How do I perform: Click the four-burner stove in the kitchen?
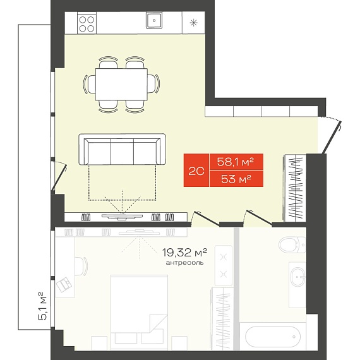click(x=87, y=23)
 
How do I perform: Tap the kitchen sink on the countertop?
click(x=154, y=20)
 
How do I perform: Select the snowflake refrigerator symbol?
click(x=193, y=23)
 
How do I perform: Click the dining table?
click(x=121, y=84)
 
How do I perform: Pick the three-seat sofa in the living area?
click(x=122, y=149)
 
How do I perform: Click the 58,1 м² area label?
click(x=236, y=162)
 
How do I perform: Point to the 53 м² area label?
click(x=236, y=179)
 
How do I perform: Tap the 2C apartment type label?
click(x=196, y=171)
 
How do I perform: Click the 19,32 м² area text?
click(x=185, y=253)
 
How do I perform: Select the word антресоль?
click(x=184, y=263)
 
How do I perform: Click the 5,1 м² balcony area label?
click(x=42, y=306)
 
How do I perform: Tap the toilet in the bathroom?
click(x=292, y=245)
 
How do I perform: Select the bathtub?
click(x=273, y=337)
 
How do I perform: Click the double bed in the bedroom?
click(x=139, y=313)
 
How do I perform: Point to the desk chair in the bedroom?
click(x=81, y=267)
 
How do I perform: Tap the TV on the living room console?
click(x=123, y=216)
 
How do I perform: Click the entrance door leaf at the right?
click(x=332, y=138)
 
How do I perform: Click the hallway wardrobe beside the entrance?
click(x=295, y=188)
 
